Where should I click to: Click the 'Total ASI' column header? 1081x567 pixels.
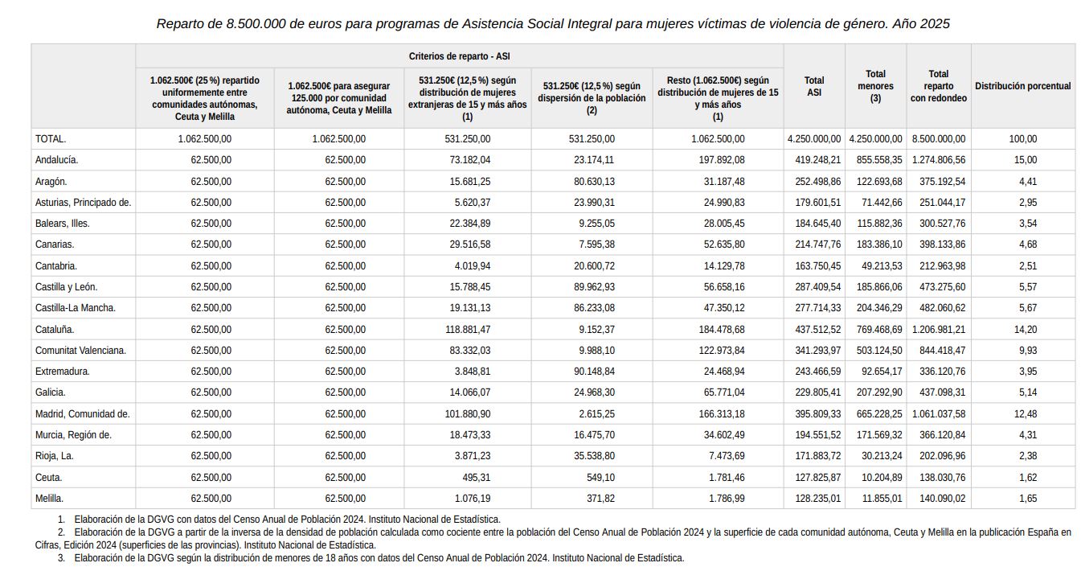tap(813, 86)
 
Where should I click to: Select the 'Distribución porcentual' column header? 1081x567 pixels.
tap(1022, 86)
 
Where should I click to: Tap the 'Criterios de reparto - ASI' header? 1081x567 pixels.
tap(459, 56)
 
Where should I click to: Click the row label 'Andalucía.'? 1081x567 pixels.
tap(56, 160)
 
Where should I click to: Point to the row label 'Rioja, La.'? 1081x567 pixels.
tap(55, 456)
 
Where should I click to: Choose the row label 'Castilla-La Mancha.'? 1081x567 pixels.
tap(76, 308)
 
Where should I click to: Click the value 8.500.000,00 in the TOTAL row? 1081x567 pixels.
tap(939, 139)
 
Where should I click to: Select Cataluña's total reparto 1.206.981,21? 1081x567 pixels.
tap(939, 330)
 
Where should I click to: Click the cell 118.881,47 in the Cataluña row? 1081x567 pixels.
tap(468, 330)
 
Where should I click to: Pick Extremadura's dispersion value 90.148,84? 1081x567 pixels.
tap(594, 372)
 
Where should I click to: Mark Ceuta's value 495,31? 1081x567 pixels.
tap(477, 478)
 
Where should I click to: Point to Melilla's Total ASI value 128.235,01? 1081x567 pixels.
tap(818, 499)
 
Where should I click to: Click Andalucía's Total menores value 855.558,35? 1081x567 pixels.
tap(879, 160)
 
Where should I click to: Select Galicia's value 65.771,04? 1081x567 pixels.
tap(724, 392)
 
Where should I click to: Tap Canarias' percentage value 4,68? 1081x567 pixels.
tap(1028, 244)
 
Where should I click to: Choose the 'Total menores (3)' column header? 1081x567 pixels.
tap(875, 86)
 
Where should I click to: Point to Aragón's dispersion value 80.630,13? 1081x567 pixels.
tap(594, 182)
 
